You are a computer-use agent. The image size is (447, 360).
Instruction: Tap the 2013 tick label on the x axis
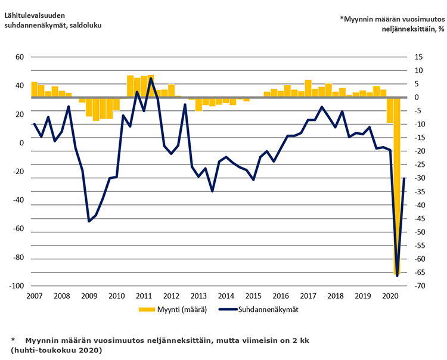198,296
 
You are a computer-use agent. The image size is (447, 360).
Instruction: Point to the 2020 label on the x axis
390,296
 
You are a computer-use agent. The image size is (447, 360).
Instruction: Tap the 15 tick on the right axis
418,57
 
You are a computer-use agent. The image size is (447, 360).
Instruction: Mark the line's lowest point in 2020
397,275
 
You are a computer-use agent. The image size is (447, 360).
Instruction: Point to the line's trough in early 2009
89,221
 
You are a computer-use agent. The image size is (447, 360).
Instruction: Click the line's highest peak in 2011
151,78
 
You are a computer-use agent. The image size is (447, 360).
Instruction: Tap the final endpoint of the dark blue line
404,178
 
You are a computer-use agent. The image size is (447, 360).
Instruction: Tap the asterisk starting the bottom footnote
13,339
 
